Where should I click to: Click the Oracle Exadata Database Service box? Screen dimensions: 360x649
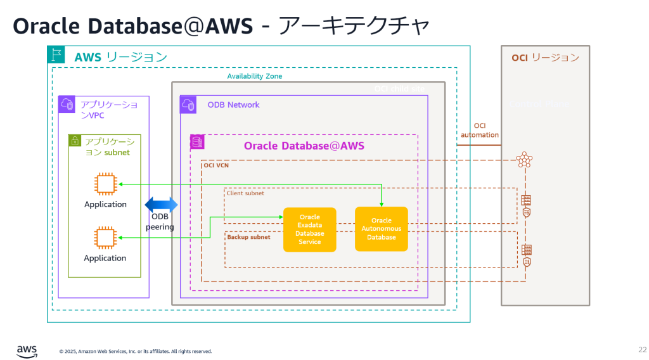[310, 229]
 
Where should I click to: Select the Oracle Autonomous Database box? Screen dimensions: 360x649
[381, 229]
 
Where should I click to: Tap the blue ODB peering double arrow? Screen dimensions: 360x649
[162, 205]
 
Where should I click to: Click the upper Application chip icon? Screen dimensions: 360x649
[105, 184]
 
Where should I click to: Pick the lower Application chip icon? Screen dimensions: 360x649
[105, 238]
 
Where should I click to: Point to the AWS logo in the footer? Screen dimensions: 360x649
[27, 349]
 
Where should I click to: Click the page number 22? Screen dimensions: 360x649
[642, 349]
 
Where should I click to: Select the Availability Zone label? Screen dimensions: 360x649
[255, 76]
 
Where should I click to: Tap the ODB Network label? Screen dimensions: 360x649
[233, 105]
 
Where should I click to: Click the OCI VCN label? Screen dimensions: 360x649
[216, 165]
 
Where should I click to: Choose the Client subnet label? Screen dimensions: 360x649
[245, 193]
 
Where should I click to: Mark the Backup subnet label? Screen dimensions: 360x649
[248, 237]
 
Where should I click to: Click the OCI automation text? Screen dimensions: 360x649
[480, 131]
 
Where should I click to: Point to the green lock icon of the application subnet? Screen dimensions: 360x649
[75, 141]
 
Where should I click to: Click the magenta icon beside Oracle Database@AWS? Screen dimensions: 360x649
[198, 142]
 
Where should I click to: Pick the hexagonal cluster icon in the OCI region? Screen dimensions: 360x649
[524, 160]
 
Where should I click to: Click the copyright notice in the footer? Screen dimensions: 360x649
[136, 351]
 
